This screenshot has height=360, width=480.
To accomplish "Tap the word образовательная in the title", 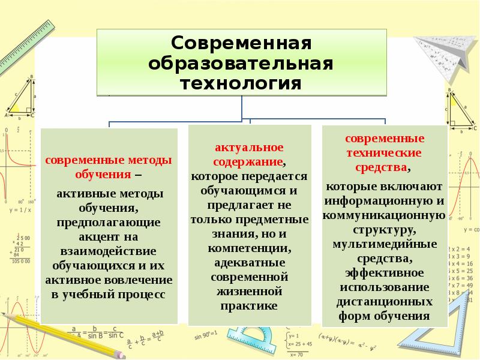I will [241, 63].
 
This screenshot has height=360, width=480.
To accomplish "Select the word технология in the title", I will [241, 82].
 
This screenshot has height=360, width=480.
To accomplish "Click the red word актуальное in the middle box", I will [250, 148].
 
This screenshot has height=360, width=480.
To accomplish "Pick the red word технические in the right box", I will [385, 152].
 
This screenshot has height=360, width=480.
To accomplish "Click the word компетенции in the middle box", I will [250, 248].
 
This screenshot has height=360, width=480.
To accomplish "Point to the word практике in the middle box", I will [250, 306].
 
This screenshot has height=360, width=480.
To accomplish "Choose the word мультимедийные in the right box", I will [385, 244].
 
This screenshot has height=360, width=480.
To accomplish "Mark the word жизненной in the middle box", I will [250, 292].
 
